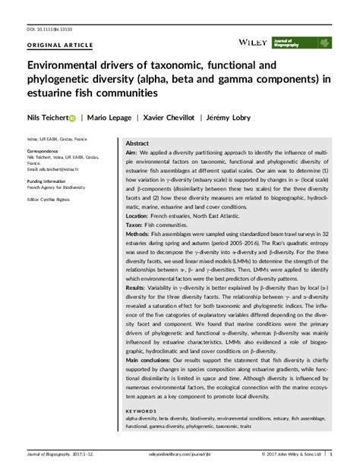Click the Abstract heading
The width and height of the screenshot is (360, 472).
coord(137,143)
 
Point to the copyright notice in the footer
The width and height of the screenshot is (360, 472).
coord(289,456)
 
